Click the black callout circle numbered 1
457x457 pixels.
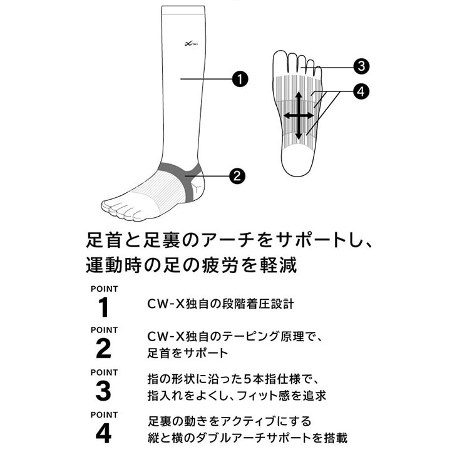click(x=239, y=79)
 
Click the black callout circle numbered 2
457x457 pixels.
click(x=237, y=176)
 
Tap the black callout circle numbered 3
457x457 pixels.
click(x=359, y=66)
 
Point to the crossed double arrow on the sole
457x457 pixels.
click(x=299, y=116)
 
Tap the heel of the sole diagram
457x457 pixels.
click(x=299, y=163)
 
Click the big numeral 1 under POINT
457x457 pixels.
click(x=104, y=308)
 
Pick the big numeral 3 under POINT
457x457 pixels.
click(x=104, y=391)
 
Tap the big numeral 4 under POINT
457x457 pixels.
click(x=104, y=433)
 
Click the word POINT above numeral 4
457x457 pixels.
click(x=104, y=414)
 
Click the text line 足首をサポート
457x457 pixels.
click(x=188, y=353)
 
